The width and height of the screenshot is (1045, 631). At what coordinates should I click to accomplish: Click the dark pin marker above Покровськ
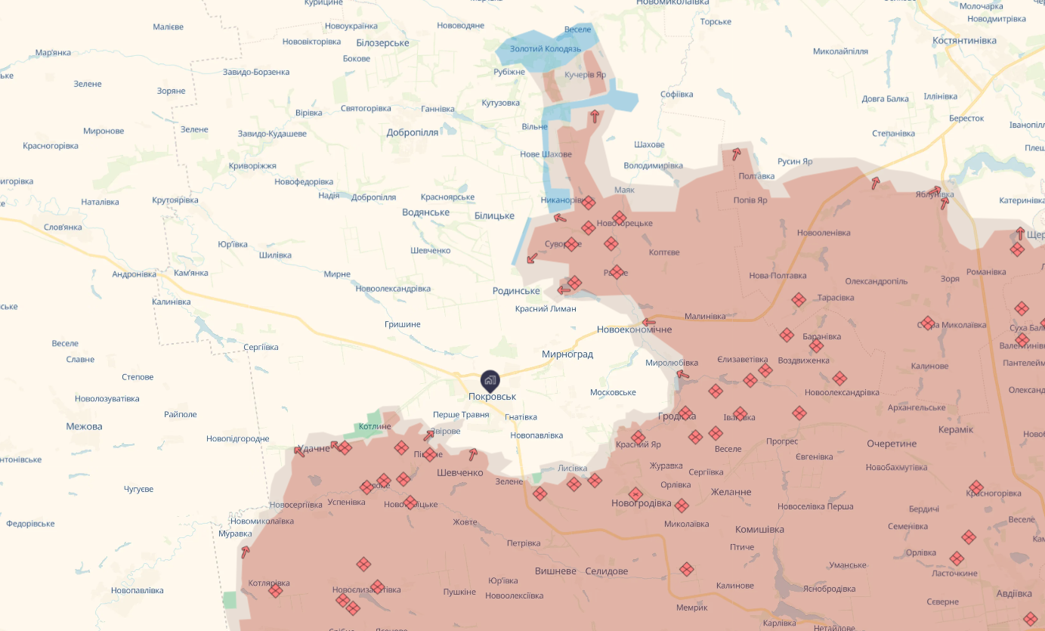tap(490, 380)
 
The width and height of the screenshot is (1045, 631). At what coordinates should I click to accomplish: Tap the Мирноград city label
tap(567, 354)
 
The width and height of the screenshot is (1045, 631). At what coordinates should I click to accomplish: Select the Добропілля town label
tap(413, 132)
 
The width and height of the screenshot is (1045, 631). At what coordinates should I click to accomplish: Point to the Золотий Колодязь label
tap(546, 49)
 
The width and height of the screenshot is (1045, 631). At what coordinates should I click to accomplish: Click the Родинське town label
tap(516, 291)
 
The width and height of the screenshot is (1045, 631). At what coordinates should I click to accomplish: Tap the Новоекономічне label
tap(634, 329)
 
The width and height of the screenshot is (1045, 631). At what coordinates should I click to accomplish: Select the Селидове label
tap(606, 571)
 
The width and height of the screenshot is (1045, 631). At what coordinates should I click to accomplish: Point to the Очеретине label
tap(892, 444)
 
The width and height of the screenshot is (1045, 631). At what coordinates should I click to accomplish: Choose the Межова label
tap(84, 426)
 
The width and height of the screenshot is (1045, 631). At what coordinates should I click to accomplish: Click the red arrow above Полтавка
tap(735, 153)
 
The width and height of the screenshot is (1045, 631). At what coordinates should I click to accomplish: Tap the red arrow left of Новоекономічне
tap(648, 323)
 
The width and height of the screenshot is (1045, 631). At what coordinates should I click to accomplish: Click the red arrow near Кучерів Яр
tap(595, 116)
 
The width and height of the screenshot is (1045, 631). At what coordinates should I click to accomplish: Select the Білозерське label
tap(382, 43)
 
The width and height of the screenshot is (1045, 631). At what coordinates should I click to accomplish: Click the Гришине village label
tap(402, 324)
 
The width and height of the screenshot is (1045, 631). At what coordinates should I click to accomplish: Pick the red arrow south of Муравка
tap(245, 552)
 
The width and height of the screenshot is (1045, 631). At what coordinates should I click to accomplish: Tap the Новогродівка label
tap(642, 503)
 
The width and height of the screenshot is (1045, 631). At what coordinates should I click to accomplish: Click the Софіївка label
tap(676, 94)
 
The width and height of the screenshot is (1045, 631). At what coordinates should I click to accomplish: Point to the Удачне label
tap(314, 448)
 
